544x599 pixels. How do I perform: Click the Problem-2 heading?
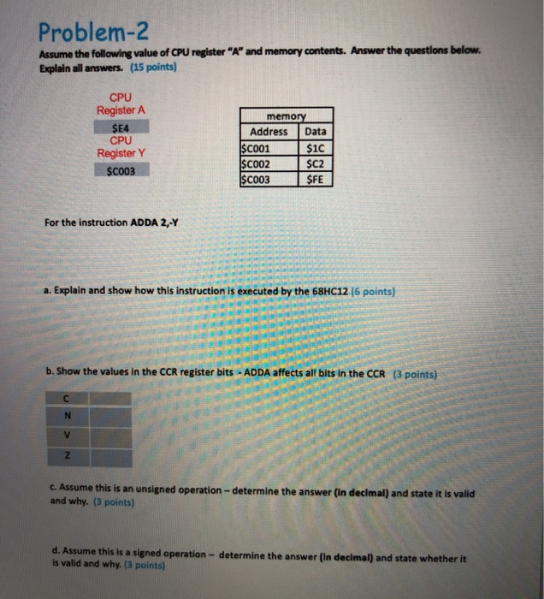coord(94,35)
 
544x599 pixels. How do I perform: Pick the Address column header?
coord(269,132)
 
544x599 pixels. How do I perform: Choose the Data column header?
coord(316,132)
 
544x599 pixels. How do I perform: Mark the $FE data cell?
coord(316,179)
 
